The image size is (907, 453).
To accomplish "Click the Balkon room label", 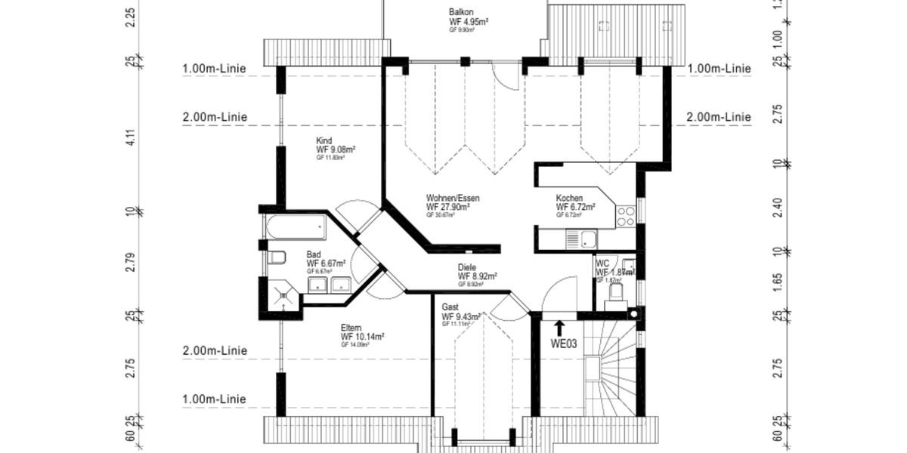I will click(461, 12).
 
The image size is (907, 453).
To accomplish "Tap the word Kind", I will click(324, 140).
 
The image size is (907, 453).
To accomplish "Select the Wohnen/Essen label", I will click(453, 198).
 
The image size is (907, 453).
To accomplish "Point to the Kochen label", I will click(569, 198).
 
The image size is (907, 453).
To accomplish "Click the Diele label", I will click(467, 267).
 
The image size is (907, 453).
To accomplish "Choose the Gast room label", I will click(450, 308).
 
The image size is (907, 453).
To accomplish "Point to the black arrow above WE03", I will click(559, 328).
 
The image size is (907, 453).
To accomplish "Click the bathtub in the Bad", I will click(294, 226).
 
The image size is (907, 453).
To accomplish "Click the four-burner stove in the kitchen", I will click(626, 217).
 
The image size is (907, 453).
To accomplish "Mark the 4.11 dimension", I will click(130, 137).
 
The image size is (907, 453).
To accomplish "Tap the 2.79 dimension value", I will click(130, 262).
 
